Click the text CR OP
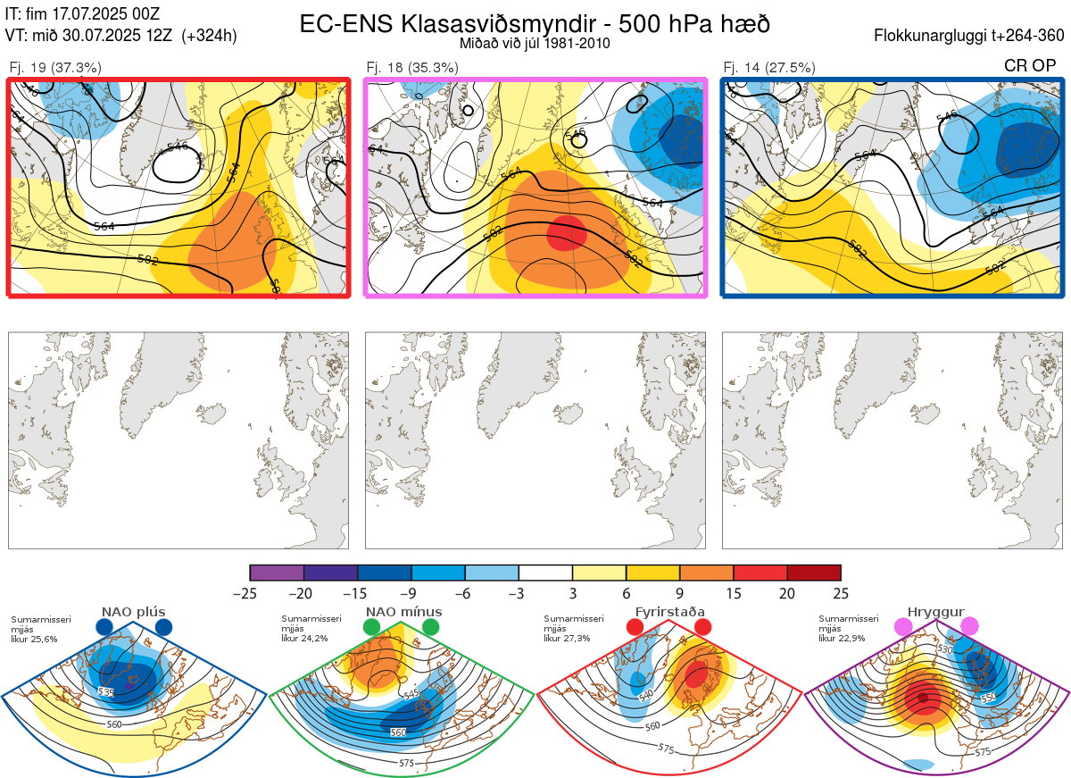coord(1030,66)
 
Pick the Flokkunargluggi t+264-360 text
coord(971,37)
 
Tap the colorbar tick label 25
coord(841,593)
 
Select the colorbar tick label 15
coord(734,593)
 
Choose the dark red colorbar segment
coord(814,573)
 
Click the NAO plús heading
coord(134,612)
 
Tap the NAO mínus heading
coord(403,612)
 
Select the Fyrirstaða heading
coord(669,612)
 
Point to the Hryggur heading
coord(936,612)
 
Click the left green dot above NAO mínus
coord(372,628)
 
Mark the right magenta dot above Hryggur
coord(969,627)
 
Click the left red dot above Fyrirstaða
coord(635,628)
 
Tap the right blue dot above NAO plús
coord(163,628)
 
